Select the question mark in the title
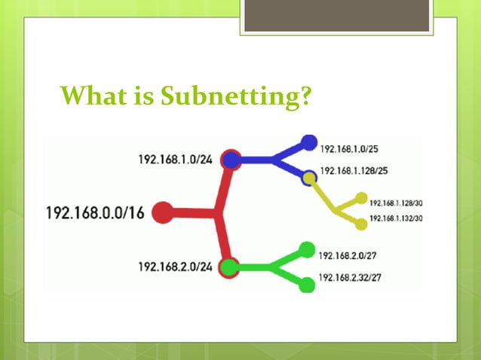[x=305, y=96]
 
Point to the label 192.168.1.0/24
[x=175, y=160]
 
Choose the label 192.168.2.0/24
[x=175, y=267]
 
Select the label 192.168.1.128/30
[x=395, y=203]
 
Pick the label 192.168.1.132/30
[x=395, y=218]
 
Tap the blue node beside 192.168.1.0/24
[x=231, y=160]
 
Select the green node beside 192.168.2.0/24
[x=228, y=267]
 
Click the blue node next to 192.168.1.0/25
[x=308, y=142]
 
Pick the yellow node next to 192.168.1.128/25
[x=308, y=178]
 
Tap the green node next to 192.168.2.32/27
[x=306, y=285]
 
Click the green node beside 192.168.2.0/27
[x=306, y=249]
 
